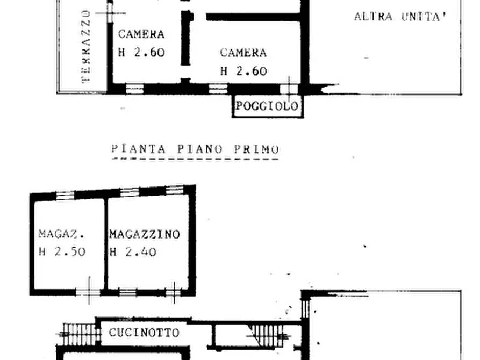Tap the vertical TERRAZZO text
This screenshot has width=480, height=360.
tap(86, 47)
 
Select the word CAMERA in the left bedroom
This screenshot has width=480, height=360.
tap(141, 34)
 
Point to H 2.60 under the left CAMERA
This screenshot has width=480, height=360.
tap(141, 53)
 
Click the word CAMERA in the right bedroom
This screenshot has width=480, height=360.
tap(243, 53)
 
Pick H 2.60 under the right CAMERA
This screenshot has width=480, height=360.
tap(243, 71)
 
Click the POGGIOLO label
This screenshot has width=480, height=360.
tap(267, 106)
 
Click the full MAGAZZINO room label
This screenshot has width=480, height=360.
tap(144, 234)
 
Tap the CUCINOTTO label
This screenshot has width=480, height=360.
tap(144, 333)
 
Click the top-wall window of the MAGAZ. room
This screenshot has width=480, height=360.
tap(65, 195)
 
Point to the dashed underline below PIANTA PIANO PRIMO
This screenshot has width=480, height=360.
tap(195, 160)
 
